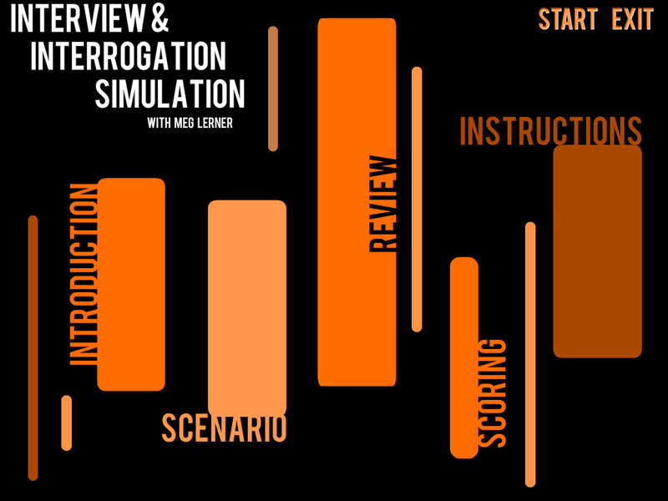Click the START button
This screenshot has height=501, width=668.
coord(568,19)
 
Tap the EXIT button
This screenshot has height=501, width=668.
coord(632,19)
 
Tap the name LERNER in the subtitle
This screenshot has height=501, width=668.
coord(215,124)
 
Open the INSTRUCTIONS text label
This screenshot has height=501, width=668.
coord(550,131)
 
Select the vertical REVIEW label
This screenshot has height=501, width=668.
coord(384,204)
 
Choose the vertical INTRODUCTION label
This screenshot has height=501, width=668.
coord(83,275)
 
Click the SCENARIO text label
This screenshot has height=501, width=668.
coord(224,428)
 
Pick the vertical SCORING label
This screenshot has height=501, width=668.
coord(493,392)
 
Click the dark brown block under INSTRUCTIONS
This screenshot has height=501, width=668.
coord(597,251)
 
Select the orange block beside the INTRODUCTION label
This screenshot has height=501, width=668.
coord(131,284)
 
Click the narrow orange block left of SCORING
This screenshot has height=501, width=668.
coord(464,357)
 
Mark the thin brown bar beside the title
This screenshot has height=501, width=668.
coord(273,89)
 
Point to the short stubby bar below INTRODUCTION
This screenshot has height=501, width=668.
coord(67,423)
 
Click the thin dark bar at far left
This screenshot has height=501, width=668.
coord(33,347)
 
